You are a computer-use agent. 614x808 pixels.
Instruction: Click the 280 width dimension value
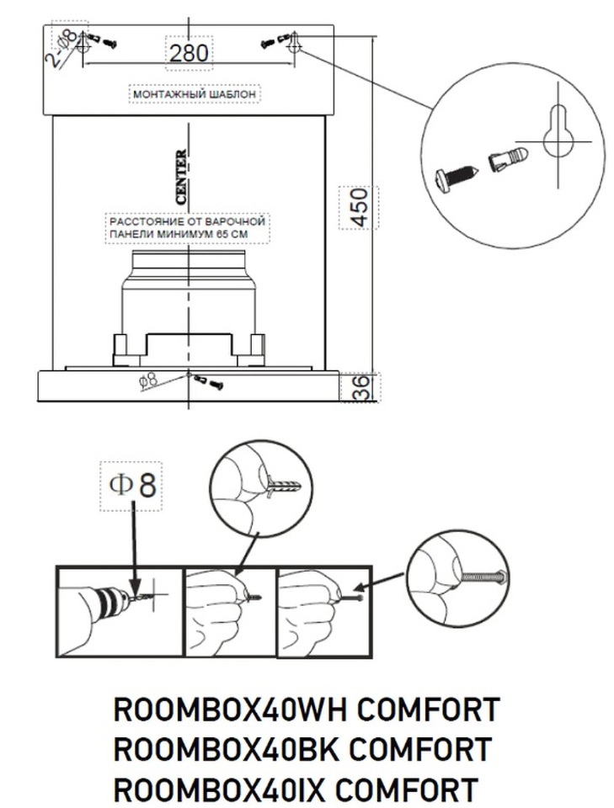point(190,53)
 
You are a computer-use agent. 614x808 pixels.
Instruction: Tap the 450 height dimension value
point(360,206)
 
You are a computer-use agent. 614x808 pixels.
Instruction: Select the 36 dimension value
point(360,388)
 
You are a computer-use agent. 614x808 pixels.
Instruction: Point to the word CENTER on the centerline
point(181,177)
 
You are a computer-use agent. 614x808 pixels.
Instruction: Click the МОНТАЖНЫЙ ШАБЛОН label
point(194,94)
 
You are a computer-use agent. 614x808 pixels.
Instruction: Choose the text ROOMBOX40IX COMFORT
point(296,789)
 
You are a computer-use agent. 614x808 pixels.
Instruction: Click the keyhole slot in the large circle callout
point(557,133)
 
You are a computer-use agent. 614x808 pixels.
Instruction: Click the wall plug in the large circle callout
point(508,158)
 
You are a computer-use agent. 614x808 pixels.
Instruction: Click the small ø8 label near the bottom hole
point(148,381)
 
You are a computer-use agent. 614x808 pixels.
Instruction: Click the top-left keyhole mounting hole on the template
point(82,44)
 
